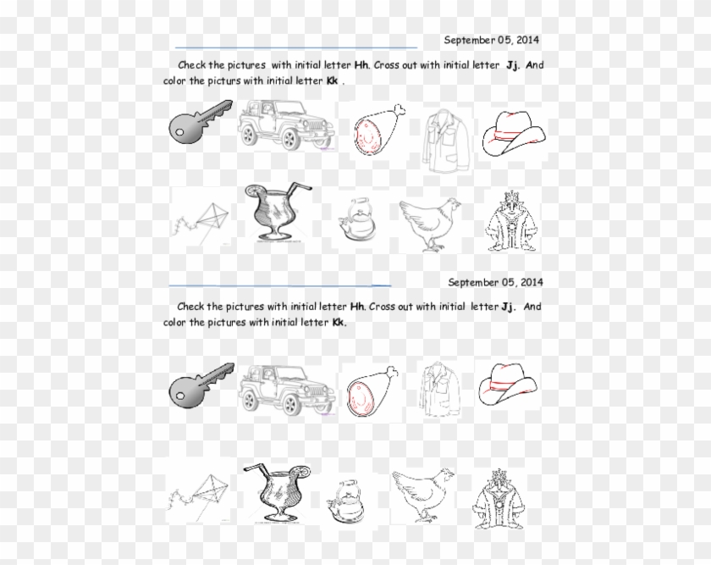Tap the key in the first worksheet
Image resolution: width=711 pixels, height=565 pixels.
199,125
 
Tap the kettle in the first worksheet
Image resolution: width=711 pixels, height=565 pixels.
355,222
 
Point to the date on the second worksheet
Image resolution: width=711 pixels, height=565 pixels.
495,282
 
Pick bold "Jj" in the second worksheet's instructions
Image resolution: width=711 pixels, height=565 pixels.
508,307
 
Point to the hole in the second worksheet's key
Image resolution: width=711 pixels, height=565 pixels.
182,393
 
